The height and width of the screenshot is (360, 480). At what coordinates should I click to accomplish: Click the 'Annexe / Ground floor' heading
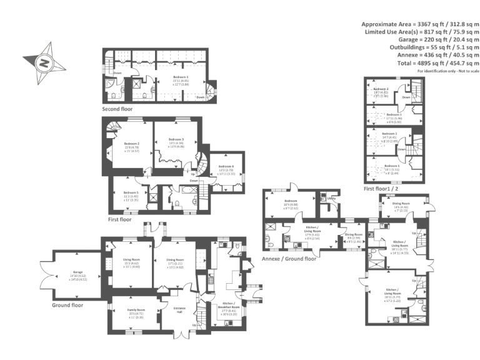click(289, 258)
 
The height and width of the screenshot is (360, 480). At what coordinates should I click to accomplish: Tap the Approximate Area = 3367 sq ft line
click(420, 22)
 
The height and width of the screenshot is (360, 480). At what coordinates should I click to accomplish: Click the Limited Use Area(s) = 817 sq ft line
click(422, 31)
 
